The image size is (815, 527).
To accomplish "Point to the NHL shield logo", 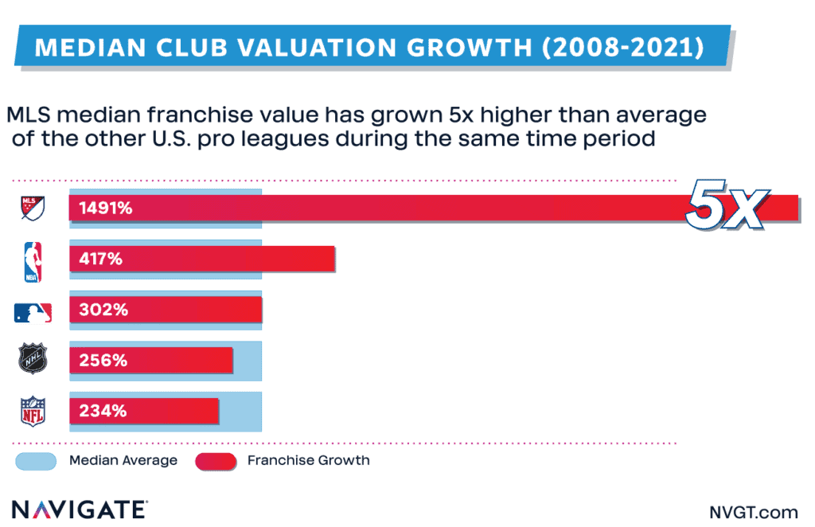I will point(33,361).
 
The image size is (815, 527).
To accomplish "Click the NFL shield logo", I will point(33,412).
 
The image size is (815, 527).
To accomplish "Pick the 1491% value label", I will point(105,209).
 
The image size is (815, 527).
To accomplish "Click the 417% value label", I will point(100,260).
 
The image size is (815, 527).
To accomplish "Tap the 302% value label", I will point(103,310).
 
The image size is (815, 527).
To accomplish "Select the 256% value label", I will point(103,361).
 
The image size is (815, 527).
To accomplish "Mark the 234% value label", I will point(103,411).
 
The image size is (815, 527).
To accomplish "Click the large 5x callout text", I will point(725,209).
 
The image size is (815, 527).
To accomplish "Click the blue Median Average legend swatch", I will point(35,461).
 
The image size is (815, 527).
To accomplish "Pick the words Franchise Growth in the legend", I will point(308,461).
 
